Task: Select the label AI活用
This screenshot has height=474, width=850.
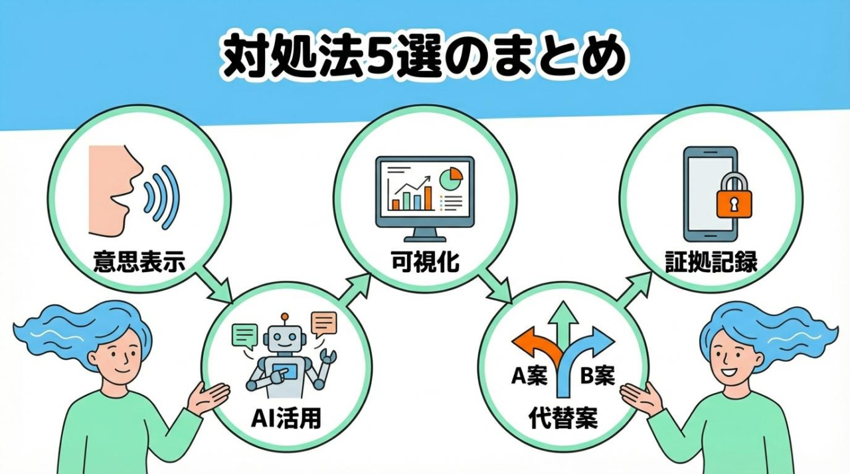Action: pos(286,418)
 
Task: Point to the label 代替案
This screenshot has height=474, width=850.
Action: pos(563,418)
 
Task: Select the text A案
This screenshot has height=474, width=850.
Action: pos(529,376)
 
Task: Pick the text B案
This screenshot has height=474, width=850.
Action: pos(597,376)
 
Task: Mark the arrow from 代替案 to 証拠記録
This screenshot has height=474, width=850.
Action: pos(634,285)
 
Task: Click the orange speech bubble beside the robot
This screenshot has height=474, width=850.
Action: pos(324,323)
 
